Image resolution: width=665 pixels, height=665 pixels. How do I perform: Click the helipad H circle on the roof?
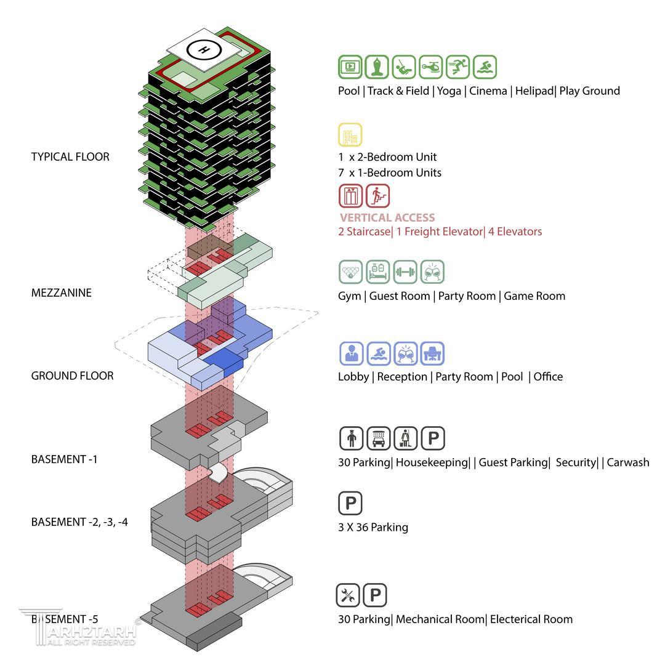coord(204,50)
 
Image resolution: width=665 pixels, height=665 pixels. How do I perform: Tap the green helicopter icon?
coord(431,67)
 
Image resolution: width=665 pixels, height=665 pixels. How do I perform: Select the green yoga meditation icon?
coord(377,67)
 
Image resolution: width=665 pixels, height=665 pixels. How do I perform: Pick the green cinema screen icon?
coord(350,67)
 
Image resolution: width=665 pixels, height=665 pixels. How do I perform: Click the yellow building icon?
coord(350,135)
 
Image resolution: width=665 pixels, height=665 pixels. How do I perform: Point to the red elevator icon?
coord(351,196)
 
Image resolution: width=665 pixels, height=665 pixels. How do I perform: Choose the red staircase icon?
coord(378,196)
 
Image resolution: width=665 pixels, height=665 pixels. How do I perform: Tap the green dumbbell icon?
coord(405,272)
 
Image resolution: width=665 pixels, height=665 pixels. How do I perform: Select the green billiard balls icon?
coord(351,272)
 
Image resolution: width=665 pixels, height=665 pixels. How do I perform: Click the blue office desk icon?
coord(432,353)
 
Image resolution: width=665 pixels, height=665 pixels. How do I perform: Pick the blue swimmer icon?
coord(379,353)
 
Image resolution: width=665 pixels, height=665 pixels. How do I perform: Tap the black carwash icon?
coord(378,438)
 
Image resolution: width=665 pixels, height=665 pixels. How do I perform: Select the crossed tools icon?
coord(348,595)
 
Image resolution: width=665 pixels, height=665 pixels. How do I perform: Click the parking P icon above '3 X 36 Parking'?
coord(350,503)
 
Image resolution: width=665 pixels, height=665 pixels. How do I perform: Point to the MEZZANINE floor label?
coord(62,292)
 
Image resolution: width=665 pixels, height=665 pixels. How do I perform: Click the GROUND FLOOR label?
coord(73,376)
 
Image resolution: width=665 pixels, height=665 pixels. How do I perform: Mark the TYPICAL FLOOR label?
coord(70,157)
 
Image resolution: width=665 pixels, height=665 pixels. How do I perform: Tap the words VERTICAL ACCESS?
coord(387,217)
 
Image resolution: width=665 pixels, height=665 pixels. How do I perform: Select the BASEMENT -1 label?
coord(65,459)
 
